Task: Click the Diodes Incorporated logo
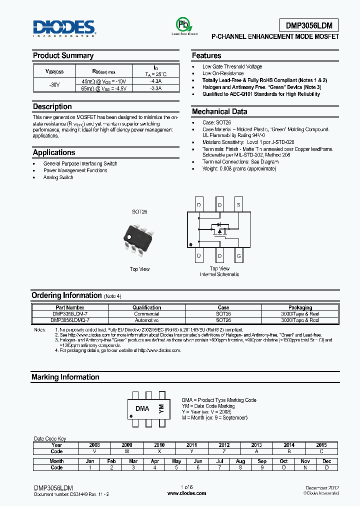(x=63, y=28)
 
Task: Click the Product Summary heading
(x=63, y=55)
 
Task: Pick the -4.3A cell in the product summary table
(x=155, y=80)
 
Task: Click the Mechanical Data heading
(x=219, y=111)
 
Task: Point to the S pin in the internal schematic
(x=238, y=205)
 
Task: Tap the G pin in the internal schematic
(x=238, y=256)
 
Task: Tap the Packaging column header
(x=300, y=307)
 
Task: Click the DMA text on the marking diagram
(x=142, y=408)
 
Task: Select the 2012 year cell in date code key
(x=224, y=445)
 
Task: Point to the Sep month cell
(x=262, y=461)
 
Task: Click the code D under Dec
(x=326, y=467)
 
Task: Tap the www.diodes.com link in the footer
(x=180, y=493)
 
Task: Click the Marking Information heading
(x=65, y=377)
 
